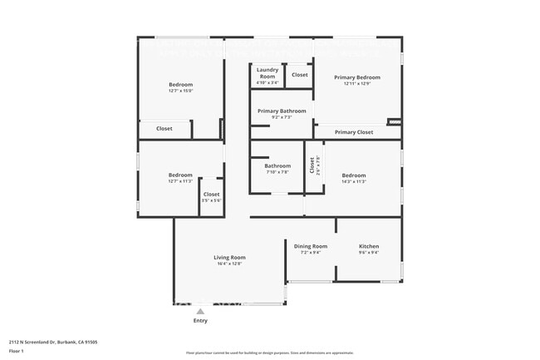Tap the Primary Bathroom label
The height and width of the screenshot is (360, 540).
282,111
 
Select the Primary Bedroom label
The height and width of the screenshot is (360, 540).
357,77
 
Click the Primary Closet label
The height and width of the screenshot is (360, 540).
354,132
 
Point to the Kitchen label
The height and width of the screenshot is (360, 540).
369,246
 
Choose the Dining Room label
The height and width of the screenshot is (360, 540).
311,246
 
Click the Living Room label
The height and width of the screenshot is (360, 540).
230,258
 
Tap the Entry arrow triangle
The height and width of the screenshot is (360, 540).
199,312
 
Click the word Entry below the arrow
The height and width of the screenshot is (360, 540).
200,321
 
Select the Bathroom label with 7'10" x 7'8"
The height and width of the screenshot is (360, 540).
277,165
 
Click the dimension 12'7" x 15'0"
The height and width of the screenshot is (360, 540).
180,91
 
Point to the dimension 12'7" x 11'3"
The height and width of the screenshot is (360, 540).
180,181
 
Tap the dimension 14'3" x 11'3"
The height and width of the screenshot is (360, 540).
353,181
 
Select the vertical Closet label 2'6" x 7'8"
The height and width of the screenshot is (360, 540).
313,166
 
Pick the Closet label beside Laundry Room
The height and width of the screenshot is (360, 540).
300,75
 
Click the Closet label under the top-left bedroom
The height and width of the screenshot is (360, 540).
164,129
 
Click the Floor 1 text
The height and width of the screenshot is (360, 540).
17,351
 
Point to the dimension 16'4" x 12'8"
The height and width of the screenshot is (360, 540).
230,264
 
